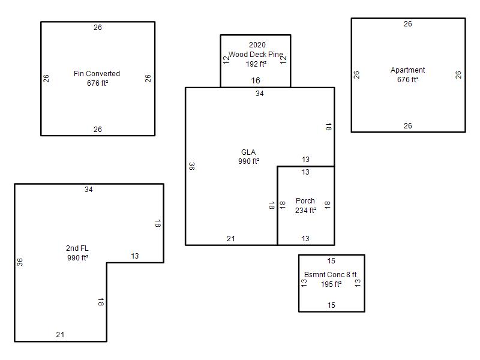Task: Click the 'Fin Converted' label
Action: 97,74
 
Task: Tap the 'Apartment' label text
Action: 407,70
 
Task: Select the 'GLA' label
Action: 248,152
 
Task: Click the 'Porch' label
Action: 305,201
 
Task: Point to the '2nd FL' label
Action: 77,248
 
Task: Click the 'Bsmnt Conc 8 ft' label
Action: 331,275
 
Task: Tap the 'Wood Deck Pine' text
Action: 256,55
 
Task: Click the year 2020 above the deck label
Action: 257,45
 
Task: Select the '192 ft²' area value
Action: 256,64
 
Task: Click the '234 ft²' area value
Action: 305,211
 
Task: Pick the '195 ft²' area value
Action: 331,284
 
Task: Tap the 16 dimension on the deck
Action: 256,80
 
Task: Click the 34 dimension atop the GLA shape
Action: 259,94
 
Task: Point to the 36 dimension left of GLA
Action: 191,166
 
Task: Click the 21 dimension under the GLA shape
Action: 231,239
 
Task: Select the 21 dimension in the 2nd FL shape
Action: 60,335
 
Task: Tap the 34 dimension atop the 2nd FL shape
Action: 89,190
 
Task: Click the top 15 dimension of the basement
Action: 331,261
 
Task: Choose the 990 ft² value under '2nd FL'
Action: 77,258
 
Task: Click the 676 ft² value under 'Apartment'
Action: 407,80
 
